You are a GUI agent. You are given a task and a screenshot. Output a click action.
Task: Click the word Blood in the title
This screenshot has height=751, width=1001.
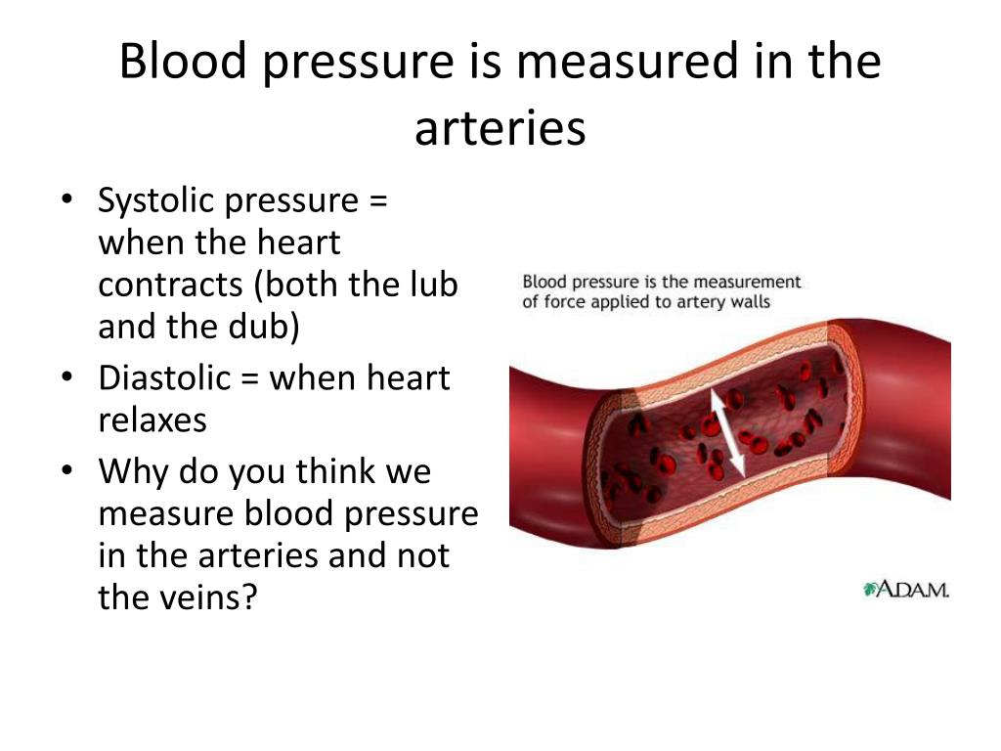183,61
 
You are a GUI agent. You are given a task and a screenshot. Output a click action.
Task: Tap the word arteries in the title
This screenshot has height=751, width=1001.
500,128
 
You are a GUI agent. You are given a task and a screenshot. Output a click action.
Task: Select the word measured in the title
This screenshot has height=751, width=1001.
629,61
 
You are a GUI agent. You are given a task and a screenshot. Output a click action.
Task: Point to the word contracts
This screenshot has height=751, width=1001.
170,286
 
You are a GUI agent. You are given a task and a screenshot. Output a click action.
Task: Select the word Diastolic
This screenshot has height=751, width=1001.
164,377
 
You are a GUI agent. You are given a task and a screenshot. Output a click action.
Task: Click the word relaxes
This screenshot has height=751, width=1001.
152,420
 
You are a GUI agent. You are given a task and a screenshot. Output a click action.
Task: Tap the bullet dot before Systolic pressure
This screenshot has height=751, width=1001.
67,199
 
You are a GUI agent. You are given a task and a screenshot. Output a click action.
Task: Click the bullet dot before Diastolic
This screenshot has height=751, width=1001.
67,376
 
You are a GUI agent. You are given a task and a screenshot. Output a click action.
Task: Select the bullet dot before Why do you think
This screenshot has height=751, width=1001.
67,470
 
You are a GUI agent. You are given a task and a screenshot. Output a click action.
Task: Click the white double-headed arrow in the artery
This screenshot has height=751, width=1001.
727,433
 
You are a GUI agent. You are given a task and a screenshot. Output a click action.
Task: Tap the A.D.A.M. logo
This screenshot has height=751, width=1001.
906,590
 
